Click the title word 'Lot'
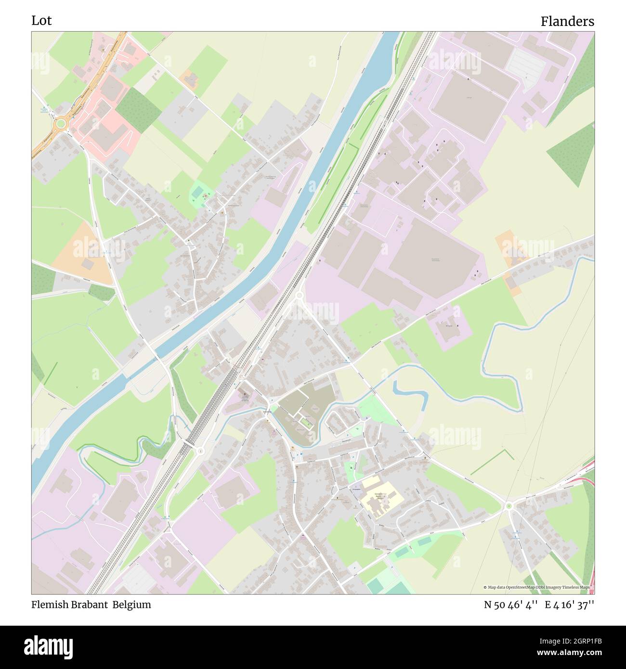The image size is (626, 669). pyautogui.click(x=41, y=21)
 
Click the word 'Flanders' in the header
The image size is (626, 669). pyautogui.click(x=567, y=22)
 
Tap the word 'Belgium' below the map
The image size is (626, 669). pyautogui.click(x=132, y=605)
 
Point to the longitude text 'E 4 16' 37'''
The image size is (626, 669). pyautogui.click(x=570, y=605)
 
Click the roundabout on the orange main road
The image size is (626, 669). pyautogui.click(x=60, y=124)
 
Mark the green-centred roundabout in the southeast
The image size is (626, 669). pyautogui.click(x=509, y=505)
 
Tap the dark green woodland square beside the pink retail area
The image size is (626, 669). pyautogui.click(x=138, y=111)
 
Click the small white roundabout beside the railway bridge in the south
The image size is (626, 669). pyautogui.click(x=200, y=451)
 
